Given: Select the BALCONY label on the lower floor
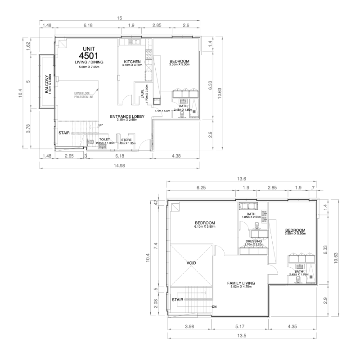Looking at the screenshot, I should (x=47, y=83).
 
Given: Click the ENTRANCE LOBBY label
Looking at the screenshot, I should (x=127, y=117).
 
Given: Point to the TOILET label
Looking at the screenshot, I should (x=104, y=139).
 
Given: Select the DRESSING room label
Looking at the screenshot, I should (x=253, y=241).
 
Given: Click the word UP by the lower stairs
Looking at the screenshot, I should (x=101, y=125).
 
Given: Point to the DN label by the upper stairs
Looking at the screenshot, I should (x=215, y=307).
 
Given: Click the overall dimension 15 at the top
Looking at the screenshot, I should (x=119, y=18).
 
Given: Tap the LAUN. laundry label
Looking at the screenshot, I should (x=143, y=90).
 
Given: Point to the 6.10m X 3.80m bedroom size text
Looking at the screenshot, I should (x=205, y=227).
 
